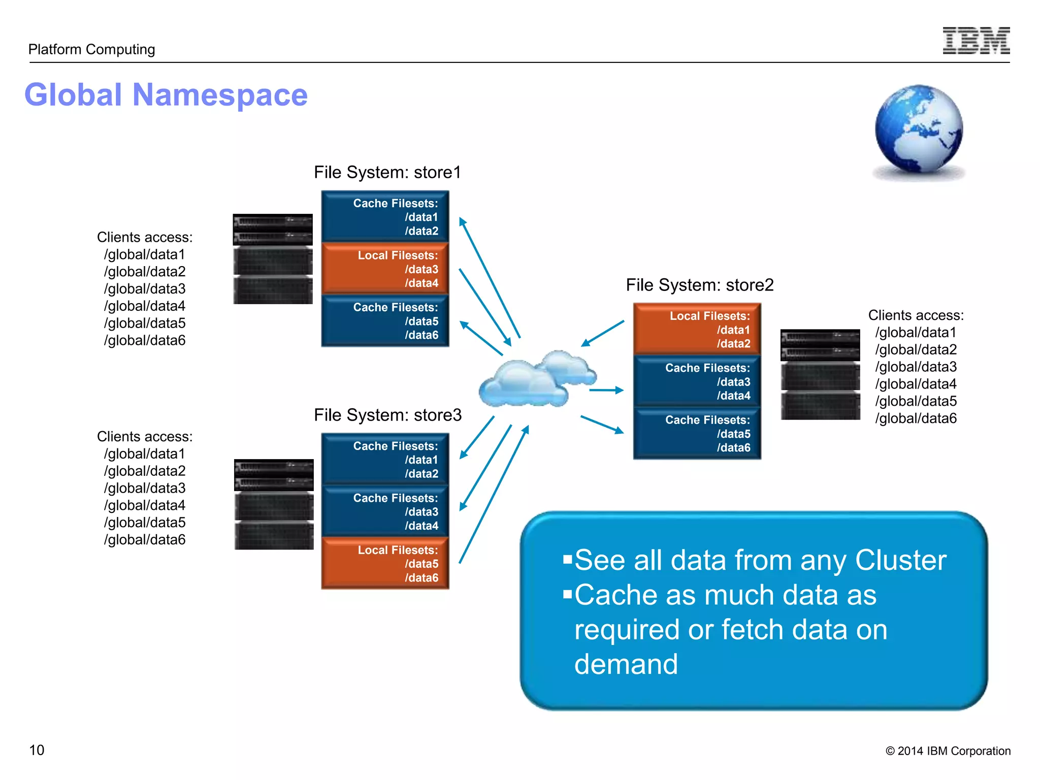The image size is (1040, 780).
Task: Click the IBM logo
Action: (976, 41)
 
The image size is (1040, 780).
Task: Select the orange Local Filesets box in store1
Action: (385, 269)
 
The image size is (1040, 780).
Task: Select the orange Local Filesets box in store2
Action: (697, 329)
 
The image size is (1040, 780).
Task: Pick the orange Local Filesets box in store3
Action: (385, 563)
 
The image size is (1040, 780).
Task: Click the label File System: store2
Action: (699, 285)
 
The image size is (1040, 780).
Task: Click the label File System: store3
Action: (387, 415)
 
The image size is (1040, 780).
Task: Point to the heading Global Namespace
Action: (166, 95)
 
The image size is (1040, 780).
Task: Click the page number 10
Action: (37, 750)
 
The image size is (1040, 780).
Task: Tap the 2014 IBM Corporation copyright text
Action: (948, 751)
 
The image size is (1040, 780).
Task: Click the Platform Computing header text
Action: (91, 49)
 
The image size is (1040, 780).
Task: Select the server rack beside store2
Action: (820, 374)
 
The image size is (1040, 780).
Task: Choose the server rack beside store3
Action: (274, 504)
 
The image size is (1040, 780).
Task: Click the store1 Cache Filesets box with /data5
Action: (385, 321)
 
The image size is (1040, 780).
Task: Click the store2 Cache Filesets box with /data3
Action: (697, 381)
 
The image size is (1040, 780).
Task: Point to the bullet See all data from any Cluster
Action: (760, 560)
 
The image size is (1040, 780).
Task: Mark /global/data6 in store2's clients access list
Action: (916, 418)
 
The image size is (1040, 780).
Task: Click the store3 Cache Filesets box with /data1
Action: (385, 459)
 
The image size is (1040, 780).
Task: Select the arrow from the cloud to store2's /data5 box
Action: (602, 424)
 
